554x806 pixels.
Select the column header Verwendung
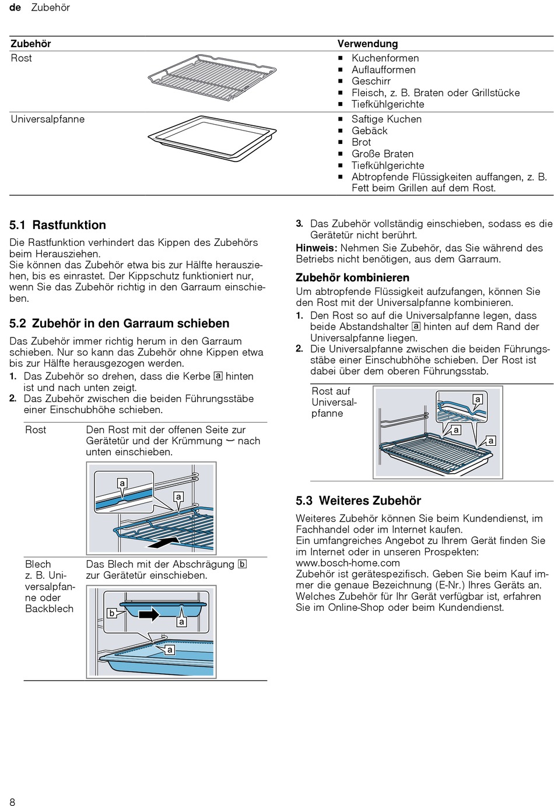(x=367, y=44)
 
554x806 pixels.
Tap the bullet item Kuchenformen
(x=385, y=58)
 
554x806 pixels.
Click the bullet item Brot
(x=361, y=142)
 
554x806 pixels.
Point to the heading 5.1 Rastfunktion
(x=58, y=225)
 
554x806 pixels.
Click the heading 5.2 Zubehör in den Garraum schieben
(x=120, y=323)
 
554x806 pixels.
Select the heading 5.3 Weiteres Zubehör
(x=358, y=501)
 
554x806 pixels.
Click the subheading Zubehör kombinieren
(x=352, y=277)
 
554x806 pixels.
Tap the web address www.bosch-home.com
(x=348, y=563)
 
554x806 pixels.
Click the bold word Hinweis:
(x=316, y=248)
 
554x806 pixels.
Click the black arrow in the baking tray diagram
(x=149, y=614)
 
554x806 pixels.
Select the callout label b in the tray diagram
(x=112, y=613)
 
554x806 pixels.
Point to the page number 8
(x=12, y=802)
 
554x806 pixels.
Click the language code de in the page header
(x=15, y=8)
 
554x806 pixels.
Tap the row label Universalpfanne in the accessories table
(x=48, y=119)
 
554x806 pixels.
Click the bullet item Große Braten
(x=382, y=154)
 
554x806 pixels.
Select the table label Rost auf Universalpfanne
(x=334, y=402)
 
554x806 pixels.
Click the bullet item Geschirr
(x=371, y=81)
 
